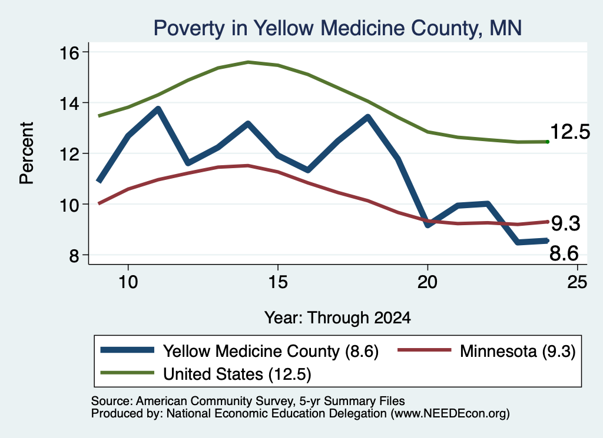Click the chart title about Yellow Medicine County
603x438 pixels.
(337, 28)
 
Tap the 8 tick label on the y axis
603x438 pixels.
(74, 255)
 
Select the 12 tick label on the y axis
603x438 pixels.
(69, 154)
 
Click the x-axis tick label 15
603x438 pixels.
(278, 282)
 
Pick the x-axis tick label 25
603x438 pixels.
(577, 282)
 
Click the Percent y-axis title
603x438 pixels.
(26, 153)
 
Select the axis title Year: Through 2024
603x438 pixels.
(337, 318)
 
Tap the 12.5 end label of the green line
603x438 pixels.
(570, 132)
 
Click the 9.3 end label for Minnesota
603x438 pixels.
(565, 223)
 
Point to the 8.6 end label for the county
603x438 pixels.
(564, 253)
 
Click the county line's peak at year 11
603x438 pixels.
(158, 109)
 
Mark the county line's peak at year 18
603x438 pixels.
(367, 116)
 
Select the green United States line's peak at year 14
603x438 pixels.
(248, 62)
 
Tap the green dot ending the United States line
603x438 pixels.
(547, 142)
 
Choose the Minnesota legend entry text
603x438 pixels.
(517, 351)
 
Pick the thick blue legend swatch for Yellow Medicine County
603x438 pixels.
(127, 350)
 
